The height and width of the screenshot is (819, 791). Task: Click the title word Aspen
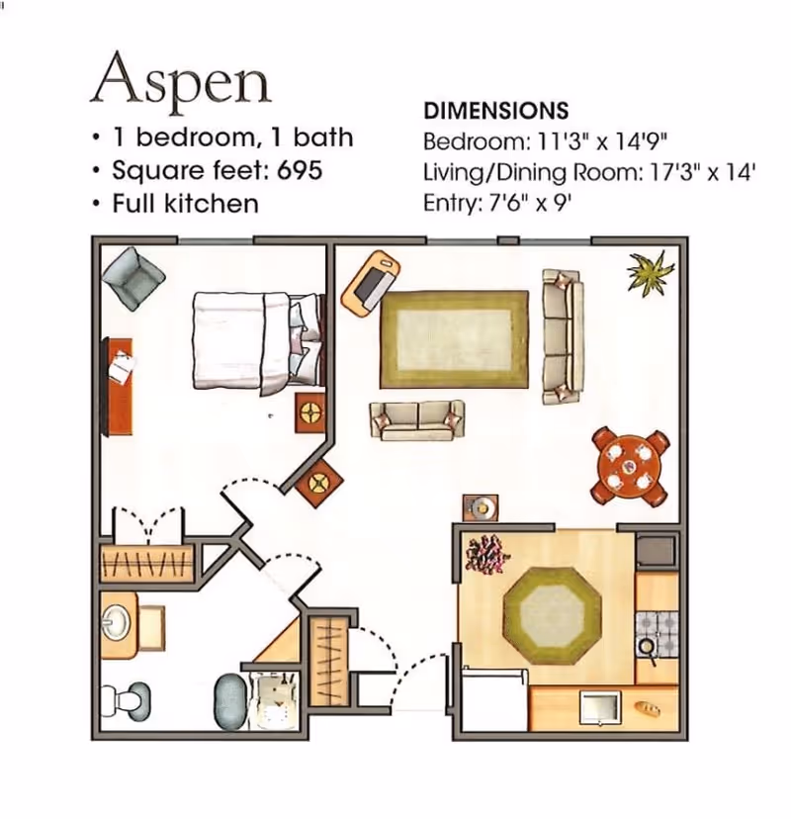point(180,80)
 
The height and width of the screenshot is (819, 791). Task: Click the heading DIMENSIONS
point(495,110)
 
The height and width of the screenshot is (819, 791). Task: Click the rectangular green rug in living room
point(454,338)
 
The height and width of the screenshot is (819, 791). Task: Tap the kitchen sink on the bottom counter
point(600,707)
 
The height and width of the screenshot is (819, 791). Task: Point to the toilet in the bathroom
point(127,700)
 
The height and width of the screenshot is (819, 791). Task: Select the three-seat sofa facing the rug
point(563,335)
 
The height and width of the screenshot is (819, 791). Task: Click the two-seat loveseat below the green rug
point(416,419)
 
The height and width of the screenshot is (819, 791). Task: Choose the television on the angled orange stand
point(373,284)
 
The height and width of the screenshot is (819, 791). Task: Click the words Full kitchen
point(185,204)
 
